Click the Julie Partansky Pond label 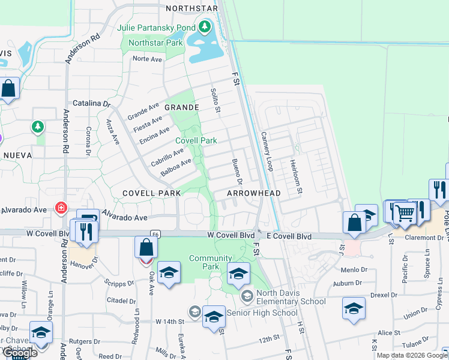(x=157, y=28)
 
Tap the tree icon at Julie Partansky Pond (x=205, y=27)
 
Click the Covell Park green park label (x=196, y=140)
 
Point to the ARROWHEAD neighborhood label (x=254, y=193)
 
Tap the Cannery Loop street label (x=267, y=152)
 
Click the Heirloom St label (x=295, y=176)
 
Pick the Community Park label (x=210, y=262)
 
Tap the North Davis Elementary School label (x=291, y=297)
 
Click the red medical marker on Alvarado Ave (x=61, y=208)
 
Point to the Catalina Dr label (x=92, y=103)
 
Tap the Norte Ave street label (x=148, y=59)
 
